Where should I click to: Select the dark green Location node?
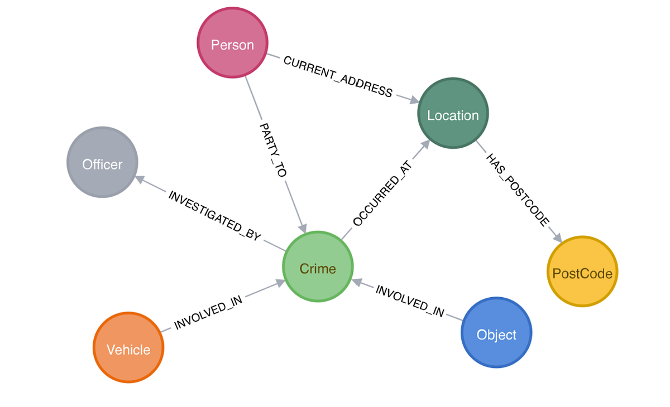tap(453, 114)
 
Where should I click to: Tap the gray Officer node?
tap(102, 162)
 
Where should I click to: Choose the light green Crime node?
tap(318, 267)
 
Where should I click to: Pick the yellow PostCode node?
tap(582, 272)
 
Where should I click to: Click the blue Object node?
tap(496, 333)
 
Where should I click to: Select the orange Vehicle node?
tap(128, 348)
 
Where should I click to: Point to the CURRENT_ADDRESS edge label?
tap(338, 76)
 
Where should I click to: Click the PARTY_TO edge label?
tap(273, 151)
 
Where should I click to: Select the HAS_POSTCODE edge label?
tap(518, 190)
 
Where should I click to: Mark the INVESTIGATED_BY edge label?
tap(215, 216)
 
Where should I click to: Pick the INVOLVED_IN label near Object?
tap(410, 301)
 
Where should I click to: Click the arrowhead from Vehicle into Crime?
tap(280, 284)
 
